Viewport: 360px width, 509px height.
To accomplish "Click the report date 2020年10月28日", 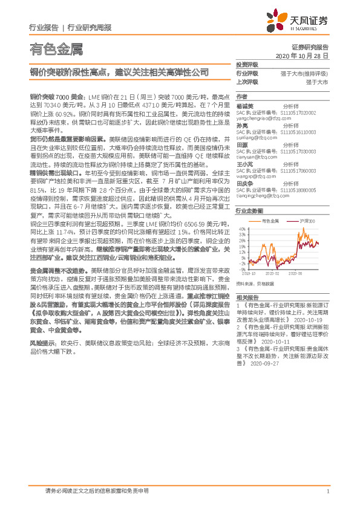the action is (301, 56).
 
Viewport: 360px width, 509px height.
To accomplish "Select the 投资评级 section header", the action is (246, 64).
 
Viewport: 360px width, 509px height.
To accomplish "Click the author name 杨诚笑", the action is (245, 106).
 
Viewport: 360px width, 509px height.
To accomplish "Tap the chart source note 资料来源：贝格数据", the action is (255, 284).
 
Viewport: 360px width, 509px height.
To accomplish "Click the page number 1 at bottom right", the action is (327, 491).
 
